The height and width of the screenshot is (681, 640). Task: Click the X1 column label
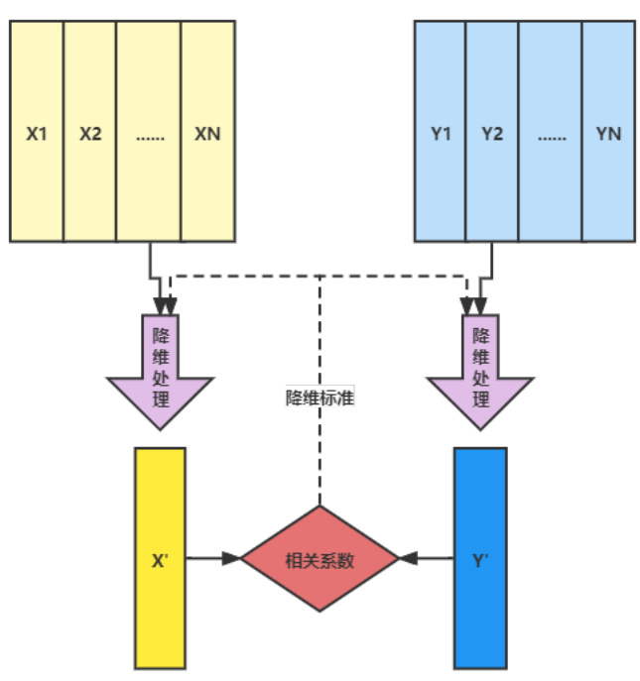(x=37, y=133)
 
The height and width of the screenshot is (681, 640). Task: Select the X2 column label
(x=90, y=133)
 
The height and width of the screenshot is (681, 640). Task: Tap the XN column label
(x=208, y=133)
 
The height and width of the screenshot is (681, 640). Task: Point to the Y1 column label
(x=441, y=133)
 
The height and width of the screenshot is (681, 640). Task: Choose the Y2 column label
(x=493, y=133)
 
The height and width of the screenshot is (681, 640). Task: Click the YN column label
(x=608, y=133)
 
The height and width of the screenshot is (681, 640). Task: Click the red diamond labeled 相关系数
(x=320, y=559)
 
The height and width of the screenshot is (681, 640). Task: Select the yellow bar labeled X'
(x=159, y=558)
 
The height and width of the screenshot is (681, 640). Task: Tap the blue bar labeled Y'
(x=480, y=558)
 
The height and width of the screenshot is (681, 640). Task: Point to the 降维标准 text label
(x=320, y=398)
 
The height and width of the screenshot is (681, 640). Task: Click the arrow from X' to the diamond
(x=213, y=558)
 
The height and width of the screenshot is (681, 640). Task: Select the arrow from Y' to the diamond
(x=427, y=558)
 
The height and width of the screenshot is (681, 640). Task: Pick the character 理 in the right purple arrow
(x=481, y=399)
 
